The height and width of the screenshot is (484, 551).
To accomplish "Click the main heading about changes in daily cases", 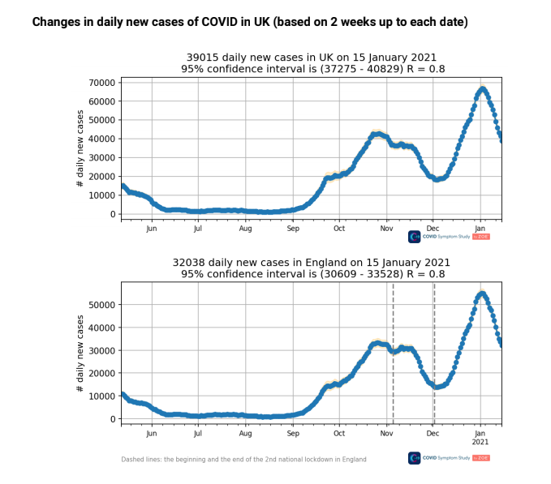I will [x=250, y=22].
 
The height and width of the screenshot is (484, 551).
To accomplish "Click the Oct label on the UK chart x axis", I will [x=339, y=229].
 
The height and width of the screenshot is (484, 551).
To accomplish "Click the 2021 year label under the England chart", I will [x=480, y=443].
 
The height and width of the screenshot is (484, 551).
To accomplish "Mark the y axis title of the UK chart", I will [x=80, y=148].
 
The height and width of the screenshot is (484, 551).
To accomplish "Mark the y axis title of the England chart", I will [x=80, y=353].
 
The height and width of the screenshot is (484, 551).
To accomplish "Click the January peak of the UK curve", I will [x=482, y=89].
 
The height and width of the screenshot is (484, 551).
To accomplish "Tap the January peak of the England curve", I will [x=482, y=293].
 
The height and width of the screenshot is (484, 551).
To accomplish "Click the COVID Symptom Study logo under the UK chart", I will [x=450, y=237].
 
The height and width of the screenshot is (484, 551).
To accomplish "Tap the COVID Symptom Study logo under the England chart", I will [x=450, y=458].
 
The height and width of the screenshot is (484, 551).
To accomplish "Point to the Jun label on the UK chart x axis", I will [x=152, y=229].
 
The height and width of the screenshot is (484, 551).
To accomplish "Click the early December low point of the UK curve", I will [x=437, y=179].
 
